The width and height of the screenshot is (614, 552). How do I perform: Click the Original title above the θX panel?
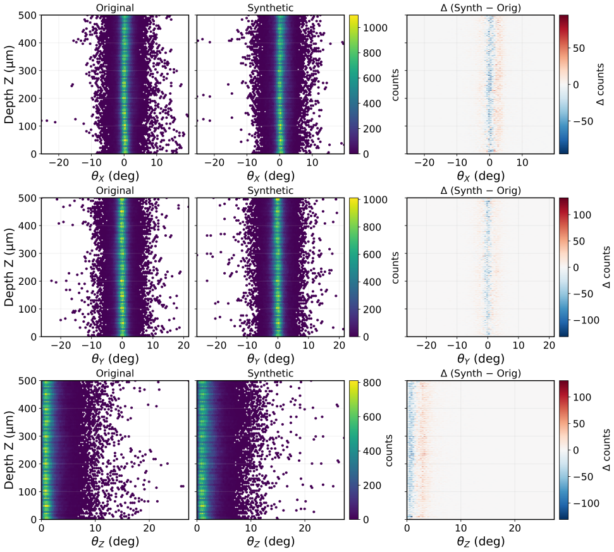point(114,8)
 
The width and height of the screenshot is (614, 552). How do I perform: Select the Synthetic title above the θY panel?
point(270,191)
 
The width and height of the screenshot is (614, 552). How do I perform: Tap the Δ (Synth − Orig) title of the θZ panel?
point(481,373)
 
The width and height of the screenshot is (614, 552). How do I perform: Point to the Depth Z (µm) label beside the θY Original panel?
point(9,267)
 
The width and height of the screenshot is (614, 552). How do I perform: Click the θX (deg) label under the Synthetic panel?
point(270,176)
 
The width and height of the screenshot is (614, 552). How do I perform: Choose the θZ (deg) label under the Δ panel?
point(481,541)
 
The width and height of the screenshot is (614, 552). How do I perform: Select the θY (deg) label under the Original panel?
point(114,358)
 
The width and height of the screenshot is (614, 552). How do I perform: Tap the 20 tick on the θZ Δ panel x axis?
point(515,528)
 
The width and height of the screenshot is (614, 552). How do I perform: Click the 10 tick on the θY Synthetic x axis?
point(309,345)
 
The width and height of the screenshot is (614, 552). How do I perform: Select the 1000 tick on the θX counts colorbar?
point(375,28)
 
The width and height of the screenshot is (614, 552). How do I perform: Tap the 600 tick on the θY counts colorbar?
point(372,255)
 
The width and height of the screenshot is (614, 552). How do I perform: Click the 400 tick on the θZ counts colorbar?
point(372,451)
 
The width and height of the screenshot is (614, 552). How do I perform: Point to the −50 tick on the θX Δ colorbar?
point(584,121)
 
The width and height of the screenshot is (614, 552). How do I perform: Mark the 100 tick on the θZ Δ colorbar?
point(582,397)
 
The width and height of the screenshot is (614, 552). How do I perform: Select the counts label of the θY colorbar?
point(395,267)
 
